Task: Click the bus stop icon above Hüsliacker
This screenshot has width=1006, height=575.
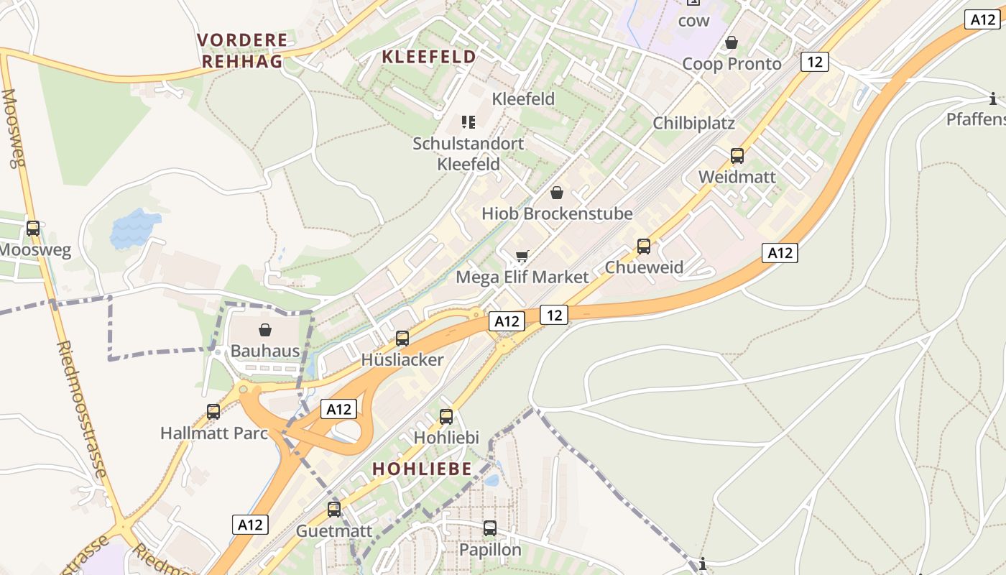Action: (402, 338)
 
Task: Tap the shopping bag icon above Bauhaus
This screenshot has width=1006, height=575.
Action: (265, 330)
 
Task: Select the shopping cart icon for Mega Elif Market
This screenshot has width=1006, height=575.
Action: (522, 257)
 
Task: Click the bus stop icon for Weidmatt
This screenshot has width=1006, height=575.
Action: (737, 155)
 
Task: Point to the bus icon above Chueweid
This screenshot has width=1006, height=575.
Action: (644, 247)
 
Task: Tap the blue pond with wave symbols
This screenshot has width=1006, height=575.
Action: (134, 229)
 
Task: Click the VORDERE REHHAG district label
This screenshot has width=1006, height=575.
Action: (242, 50)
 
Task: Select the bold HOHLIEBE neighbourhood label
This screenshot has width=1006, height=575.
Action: (422, 469)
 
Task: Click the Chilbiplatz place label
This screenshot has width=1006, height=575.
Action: (693, 123)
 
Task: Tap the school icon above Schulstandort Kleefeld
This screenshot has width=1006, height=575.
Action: (469, 122)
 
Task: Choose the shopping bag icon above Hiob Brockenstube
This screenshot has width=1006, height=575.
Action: (557, 193)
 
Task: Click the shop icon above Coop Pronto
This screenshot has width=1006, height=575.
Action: (732, 43)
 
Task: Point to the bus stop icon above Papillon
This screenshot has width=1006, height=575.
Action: (490, 528)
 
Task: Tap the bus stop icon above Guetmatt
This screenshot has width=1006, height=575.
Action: (334, 510)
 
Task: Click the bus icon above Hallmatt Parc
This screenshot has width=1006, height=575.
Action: (213, 412)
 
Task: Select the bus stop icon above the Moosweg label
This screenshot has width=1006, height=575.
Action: (33, 229)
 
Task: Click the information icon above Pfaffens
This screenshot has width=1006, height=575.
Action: (993, 98)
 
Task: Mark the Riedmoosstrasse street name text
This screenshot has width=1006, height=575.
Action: (82, 409)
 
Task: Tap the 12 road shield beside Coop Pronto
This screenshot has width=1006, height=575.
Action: (814, 62)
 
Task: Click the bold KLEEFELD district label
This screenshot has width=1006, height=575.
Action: (429, 57)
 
